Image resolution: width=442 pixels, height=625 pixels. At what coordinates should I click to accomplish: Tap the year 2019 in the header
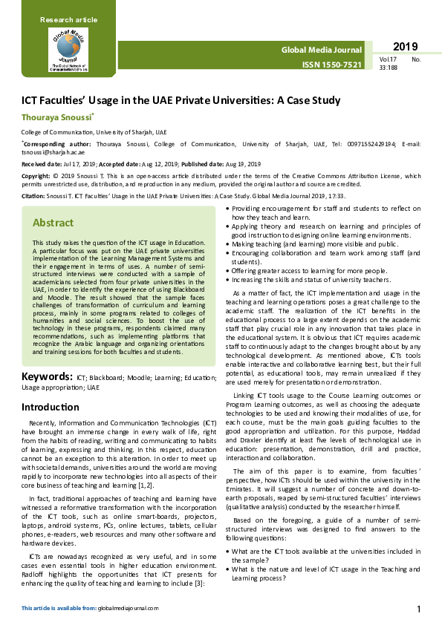coord(406,47)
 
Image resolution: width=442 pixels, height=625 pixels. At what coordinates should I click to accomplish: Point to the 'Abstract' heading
coord(53,223)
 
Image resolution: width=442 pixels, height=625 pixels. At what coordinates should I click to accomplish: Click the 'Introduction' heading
coord(51,408)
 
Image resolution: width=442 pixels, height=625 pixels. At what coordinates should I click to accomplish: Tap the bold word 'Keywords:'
coord(46,377)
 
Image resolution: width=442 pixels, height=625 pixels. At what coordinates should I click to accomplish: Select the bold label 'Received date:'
coord(41,163)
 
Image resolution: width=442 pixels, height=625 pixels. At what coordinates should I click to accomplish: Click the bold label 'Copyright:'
coord(36,175)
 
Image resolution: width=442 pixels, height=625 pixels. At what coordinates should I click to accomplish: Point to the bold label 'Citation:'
coord(34,195)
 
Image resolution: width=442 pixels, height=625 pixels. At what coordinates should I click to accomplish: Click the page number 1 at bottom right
coord(419,610)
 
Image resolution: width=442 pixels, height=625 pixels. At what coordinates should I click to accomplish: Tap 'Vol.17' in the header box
coord(387,59)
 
